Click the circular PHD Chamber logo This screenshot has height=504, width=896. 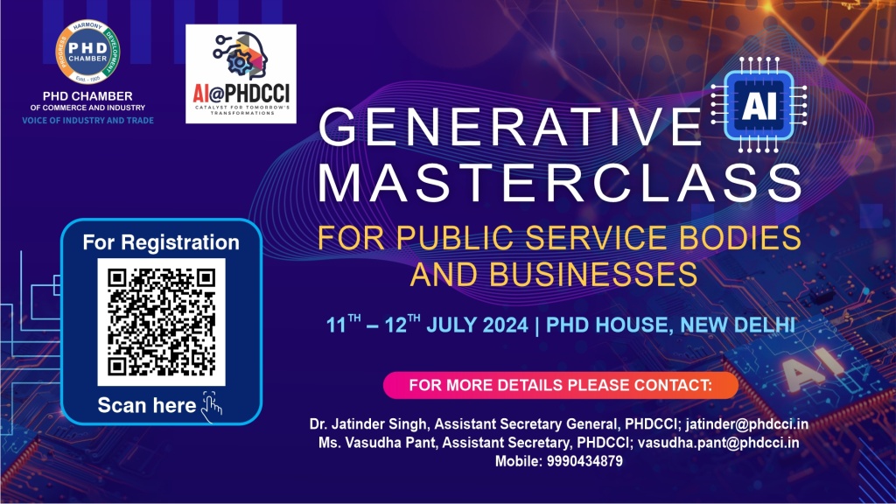[87, 50]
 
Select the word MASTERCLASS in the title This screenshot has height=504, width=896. [559, 183]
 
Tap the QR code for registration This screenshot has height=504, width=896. [161, 322]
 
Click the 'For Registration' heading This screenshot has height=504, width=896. [161, 242]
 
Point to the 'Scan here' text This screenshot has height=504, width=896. [147, 405]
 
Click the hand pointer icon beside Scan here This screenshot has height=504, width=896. [212, 403]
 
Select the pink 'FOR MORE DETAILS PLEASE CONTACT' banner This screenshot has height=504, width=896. [561, 385]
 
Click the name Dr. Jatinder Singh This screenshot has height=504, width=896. [354, 425]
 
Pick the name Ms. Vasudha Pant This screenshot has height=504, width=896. [362, 443]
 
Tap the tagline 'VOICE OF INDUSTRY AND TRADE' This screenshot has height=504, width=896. [87, 119]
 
